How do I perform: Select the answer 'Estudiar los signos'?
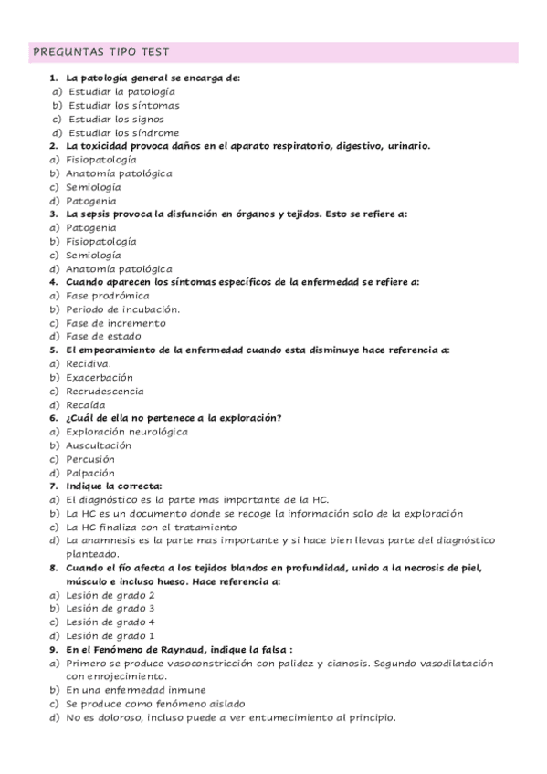(115, 119)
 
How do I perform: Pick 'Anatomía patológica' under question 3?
(119, 268)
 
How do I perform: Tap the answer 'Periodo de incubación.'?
(122, 309)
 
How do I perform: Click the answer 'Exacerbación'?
(100, 377)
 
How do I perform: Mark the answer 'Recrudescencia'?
(104, 391)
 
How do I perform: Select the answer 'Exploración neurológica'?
(127, 431)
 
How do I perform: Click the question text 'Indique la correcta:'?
(114, 486)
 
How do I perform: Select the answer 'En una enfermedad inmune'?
(136, 690)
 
